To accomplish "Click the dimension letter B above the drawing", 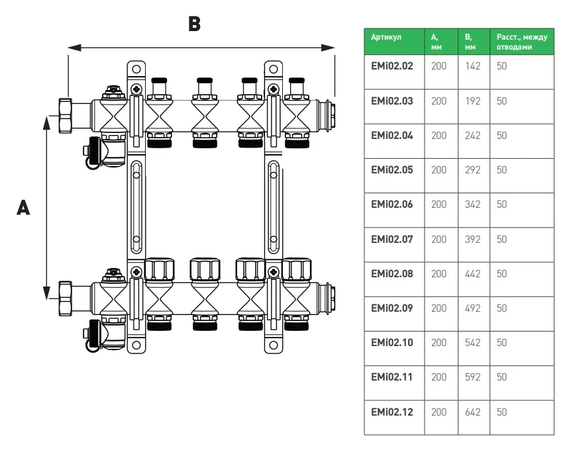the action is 195,24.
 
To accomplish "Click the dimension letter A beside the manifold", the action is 23,208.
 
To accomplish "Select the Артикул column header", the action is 386,37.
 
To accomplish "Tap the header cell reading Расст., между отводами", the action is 521,42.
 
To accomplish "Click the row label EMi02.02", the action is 392,66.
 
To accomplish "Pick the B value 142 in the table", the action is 473,66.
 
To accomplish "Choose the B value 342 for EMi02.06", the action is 473,204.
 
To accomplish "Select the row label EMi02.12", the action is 392,412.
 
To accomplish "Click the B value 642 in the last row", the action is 473,412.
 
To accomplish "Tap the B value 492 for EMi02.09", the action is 473,308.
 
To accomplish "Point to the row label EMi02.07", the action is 392,240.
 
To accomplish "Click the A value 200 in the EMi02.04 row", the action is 439,136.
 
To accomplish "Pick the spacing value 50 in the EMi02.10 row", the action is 502,343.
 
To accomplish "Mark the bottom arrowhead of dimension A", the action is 46,293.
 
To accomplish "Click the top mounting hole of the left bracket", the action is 136,69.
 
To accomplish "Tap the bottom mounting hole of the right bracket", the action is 274,345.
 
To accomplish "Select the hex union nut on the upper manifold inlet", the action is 66,115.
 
